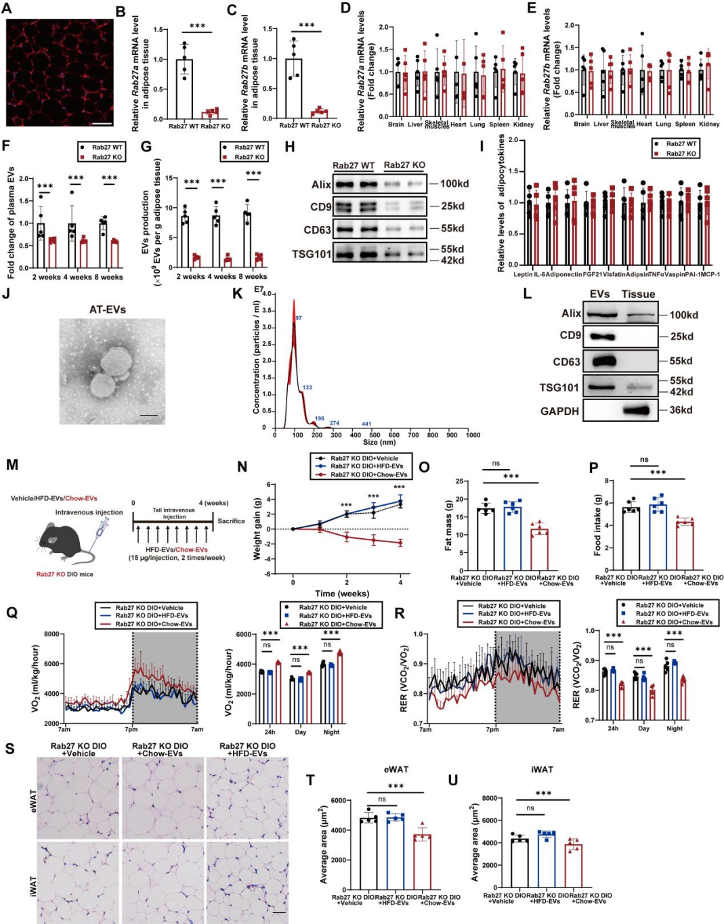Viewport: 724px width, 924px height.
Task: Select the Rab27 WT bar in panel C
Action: pos(293,88)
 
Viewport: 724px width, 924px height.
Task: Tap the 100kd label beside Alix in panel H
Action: pos(454,183)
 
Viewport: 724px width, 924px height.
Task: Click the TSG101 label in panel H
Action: pos(312,254)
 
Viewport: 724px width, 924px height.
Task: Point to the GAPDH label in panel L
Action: pos(559,411)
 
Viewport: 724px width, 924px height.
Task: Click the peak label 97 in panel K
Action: pos(299,318)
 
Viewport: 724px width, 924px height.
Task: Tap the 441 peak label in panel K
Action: pos(366,424)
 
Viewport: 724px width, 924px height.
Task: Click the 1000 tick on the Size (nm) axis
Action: pos(473,435)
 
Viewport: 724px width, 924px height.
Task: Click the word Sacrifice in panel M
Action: pos(231,521)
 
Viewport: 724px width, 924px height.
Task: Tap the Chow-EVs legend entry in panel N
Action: pos(369,475)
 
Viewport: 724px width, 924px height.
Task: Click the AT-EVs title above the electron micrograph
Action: pos(108,309)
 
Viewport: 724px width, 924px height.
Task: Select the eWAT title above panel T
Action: pos(396,770)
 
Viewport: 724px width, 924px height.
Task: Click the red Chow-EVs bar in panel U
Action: pos(573,865)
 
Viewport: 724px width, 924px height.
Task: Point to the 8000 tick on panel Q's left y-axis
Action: pos(52,634)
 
